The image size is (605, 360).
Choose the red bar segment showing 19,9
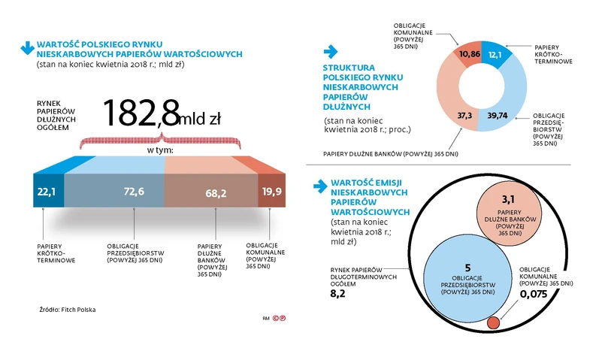click(x=271, y=191)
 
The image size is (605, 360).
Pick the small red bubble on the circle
click(x=494, y=323)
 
